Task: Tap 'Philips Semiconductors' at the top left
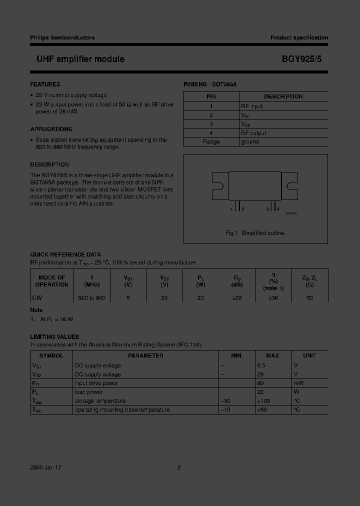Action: tap(62, 38)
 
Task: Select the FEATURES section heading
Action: tap(45, 84)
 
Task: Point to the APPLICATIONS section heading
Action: tap(51, 129)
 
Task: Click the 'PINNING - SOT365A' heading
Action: tap(210, 85)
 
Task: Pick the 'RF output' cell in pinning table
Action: tap(253, 133)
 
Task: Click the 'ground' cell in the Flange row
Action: tap(250, 142)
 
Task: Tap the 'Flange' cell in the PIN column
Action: tap(211, 142)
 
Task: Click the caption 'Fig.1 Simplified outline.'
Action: tap(255, 233)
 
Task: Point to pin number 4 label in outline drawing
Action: tap(278, 209)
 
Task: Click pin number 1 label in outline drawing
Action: tap(231, 209)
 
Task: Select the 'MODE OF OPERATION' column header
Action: tap(51, 281)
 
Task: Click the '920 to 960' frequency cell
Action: tap(92, 298)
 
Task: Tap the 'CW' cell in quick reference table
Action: tap(37, 298)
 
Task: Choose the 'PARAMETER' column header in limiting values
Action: tap(145, 356)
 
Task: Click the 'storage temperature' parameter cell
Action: tap(100, 401)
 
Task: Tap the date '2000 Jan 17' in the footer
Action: tap(45, 467)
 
